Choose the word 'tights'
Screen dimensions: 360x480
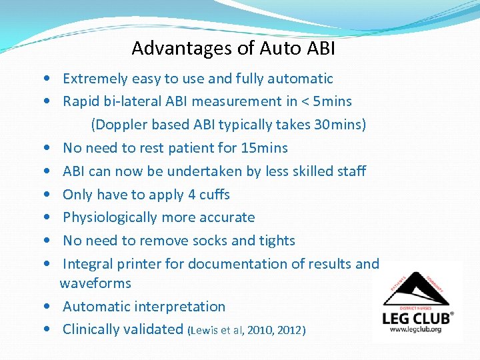(275, 240)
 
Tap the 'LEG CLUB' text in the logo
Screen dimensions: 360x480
(415, 317)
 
